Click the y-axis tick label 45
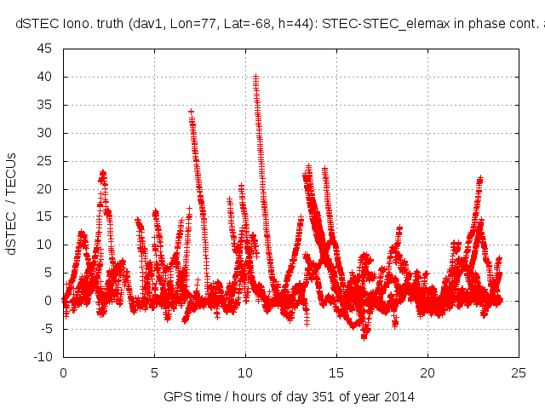[45, 49]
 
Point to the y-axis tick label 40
[45, 77]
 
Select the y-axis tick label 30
[45, 133]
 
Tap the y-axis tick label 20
[45, 188]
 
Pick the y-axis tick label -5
[45, 328]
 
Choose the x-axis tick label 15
[336, 372]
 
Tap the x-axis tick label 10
[245, 372]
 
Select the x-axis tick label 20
[427, 372]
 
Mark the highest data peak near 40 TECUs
[255, 76]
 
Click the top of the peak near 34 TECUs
[191, 111]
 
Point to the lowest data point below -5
[364, 337]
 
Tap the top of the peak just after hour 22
[480, 179]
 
